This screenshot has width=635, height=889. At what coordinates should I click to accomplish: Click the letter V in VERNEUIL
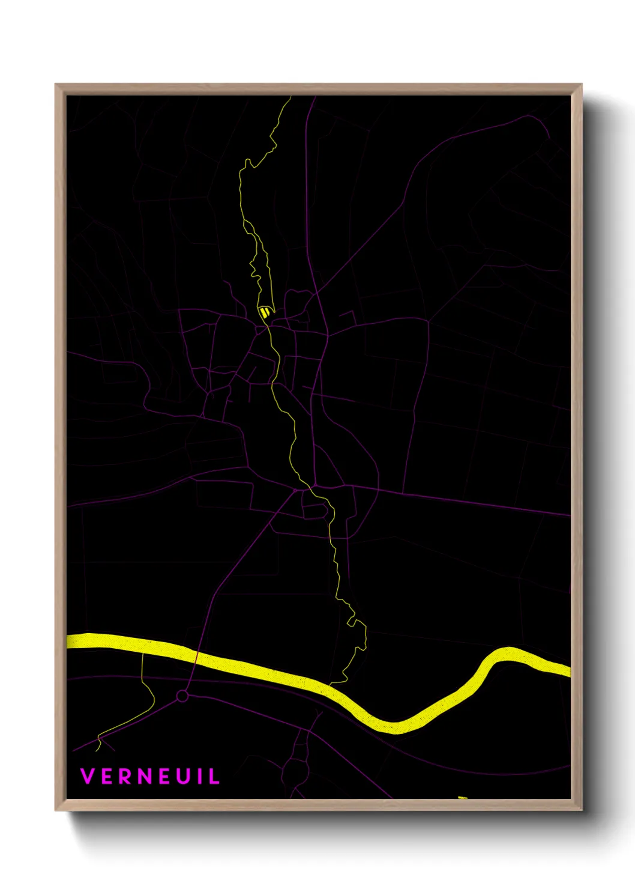point(88,776)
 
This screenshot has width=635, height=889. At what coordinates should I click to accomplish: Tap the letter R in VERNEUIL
point(126,776)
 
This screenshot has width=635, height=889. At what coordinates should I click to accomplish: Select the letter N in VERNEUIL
point(146,776)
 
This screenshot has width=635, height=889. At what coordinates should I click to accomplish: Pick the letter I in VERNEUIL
point(200,776)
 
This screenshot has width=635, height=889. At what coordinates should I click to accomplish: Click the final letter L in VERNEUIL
point(214,776)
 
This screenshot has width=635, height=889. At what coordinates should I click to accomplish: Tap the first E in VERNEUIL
point(107,776)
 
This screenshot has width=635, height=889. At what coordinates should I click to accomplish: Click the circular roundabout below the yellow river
point(182,696)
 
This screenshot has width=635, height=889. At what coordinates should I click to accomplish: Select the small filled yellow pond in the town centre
point(264,312)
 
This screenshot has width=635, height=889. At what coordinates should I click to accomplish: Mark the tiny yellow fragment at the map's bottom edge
point(462,797)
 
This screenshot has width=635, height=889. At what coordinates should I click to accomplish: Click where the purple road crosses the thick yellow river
point(195,655)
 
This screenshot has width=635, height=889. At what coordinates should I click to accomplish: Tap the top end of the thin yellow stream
point(290,97)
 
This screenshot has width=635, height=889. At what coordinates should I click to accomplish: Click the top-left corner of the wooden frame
point(56,85)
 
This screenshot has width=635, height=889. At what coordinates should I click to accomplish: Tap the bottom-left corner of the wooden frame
point(56,810)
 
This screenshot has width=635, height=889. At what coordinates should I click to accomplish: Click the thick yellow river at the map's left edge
point(69,640)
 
